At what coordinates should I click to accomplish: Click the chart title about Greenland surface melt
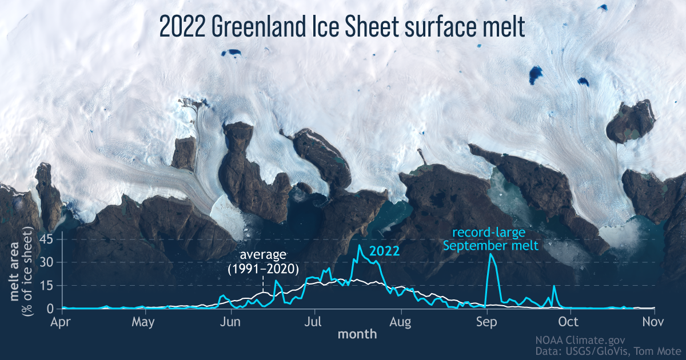(x=341, y=27)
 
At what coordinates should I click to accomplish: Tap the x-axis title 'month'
(x=357, y=334)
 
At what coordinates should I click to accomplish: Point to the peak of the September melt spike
(x=490, y=254)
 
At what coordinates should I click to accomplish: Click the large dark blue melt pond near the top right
(x=536, y=73)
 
